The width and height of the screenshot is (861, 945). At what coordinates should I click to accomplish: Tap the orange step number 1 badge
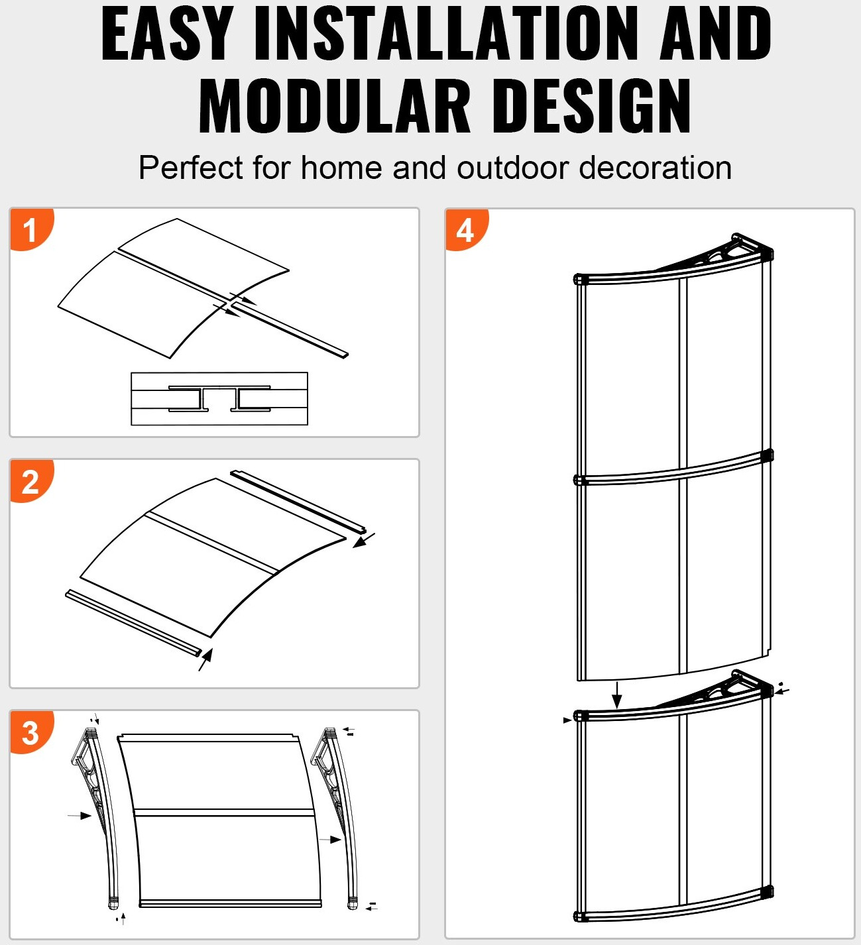click(30, 230)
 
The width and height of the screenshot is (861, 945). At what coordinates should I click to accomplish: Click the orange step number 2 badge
click(30, 481)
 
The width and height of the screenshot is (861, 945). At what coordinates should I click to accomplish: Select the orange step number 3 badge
click(30, 732)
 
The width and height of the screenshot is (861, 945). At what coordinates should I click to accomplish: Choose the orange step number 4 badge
click(465, 230)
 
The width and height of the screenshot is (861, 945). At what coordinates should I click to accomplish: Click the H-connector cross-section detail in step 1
click(219, 398)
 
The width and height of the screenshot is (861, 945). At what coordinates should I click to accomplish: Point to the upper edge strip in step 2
click(298, 501)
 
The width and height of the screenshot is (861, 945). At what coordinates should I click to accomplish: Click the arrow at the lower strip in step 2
click(206, 659)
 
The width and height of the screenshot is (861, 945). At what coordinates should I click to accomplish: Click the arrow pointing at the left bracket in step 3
click(81, 815)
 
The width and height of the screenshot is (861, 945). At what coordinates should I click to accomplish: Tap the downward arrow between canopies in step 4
click(617, 695)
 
